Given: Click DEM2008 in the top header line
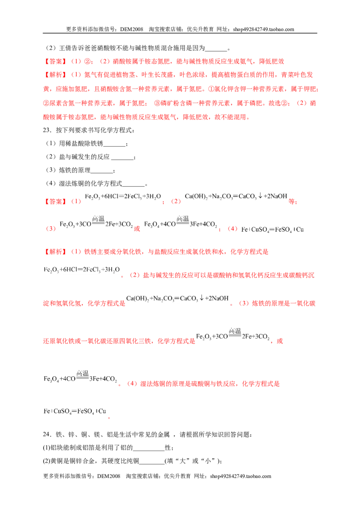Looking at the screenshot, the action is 131,29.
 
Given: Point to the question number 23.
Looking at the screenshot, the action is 46,130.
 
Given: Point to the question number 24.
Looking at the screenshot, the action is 46,434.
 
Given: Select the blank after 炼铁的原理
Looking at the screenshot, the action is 102,173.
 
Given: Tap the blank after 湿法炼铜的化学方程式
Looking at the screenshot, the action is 134,186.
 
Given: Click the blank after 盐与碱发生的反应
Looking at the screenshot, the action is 122,159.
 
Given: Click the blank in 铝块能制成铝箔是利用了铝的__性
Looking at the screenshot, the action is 149,450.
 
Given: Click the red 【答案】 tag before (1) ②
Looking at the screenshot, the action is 55,61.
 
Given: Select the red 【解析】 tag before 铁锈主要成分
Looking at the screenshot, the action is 55,252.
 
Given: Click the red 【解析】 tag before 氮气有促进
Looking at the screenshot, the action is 55,75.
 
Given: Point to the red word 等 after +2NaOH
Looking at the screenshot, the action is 292,201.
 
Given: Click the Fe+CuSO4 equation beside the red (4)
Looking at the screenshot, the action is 272,229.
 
